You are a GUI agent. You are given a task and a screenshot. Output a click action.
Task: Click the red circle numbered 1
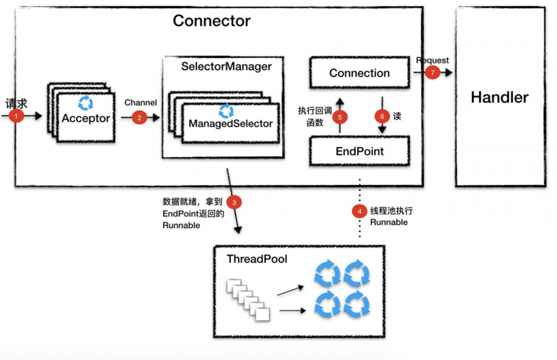pyautogui.click(x=17, y=116)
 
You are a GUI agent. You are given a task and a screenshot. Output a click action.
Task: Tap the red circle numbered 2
pyautogui.click(x=139, y=118)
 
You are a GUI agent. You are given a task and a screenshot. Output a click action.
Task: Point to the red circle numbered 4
pyautogui.click(x=360, y=211)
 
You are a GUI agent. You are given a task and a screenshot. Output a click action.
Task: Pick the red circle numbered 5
pyautogui.click(x=340, y=117)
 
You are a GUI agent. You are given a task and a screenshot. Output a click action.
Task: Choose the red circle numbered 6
pyautogui.click(x=382, y=117)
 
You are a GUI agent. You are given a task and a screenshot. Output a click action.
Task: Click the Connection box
pyautogui.click(x=359, y=73)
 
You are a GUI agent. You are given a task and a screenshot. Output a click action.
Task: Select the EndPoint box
pyautogui.click(x=359, y=151)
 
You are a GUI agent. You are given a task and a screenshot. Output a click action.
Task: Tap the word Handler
pyautogui.click(x=499, y=98)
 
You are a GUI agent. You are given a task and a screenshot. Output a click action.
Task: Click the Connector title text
pyautogui.click(x=212, y=21)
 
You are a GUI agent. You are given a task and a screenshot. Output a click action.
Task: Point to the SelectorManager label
pyautogui.click(x=226, y=67)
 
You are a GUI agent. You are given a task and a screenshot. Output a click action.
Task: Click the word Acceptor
pyautogui.click(x=86, y=118)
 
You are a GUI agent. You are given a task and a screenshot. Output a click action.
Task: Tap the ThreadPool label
pyautogui.click(x=257, y=259)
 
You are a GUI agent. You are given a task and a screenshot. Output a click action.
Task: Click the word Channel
pyautogui.click(x=140, y=103)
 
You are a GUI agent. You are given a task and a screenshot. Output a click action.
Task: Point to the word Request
pyautogui.click(x=432, y=60)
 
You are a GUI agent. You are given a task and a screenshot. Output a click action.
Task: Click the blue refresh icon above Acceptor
pyautogui.click(x=86, y=103)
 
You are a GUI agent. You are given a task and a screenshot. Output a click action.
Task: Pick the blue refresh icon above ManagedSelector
pyautogui.click(x=226, y=110)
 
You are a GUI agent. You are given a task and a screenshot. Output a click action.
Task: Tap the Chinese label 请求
pyautogui.click(x=17, y=104)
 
